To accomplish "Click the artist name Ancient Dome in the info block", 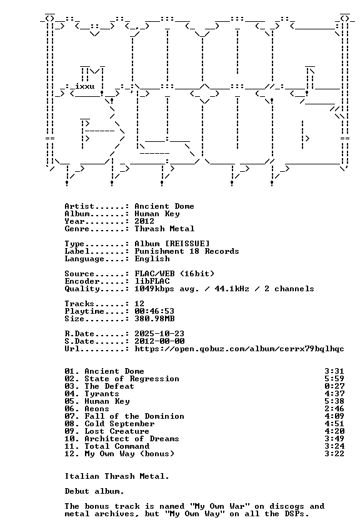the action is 164,206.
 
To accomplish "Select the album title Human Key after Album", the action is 157,214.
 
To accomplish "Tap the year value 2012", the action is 144,221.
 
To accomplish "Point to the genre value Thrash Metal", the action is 164,229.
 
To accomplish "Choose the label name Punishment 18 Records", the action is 187,251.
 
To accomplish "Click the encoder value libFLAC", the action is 152,281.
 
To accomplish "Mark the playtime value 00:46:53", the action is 154,311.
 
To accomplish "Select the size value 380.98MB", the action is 154,319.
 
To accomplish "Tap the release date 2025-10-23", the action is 159,334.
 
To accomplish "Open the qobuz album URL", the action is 239,349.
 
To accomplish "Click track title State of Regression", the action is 132,379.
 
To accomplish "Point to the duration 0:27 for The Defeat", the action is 334,386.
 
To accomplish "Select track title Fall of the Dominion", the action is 134,416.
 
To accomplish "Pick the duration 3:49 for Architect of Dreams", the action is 334,439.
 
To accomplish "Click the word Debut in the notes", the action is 77,491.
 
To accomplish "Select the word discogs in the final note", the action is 287,506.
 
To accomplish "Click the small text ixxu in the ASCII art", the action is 85,86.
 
